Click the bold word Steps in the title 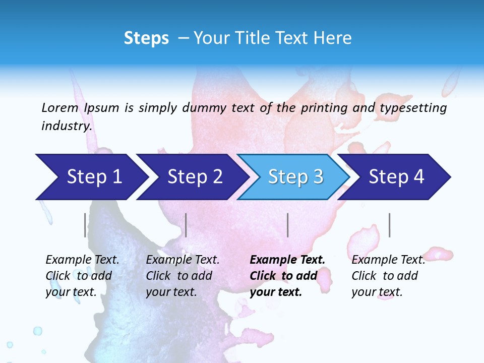point(146,38)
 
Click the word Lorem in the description point(59,107)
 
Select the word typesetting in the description point(413,107)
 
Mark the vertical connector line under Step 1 point(85,225)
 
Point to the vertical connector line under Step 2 point(186,225)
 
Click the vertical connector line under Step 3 point(287,225)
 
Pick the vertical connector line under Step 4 point(389,225)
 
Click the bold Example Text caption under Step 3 point(287,275)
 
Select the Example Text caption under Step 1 point(82,275)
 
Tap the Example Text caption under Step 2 point(183,275)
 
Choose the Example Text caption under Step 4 point(388,275)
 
